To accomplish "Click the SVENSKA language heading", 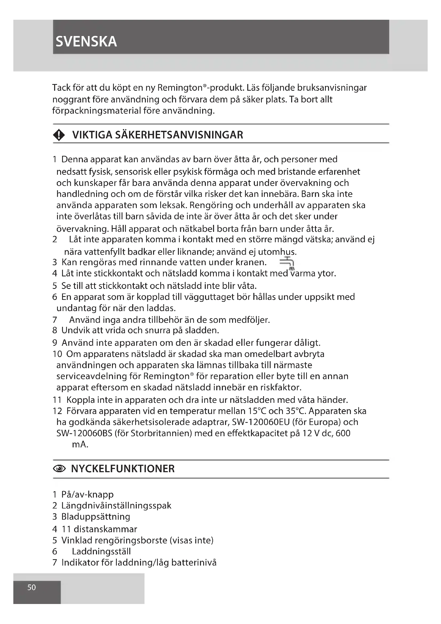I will tap(86, 42).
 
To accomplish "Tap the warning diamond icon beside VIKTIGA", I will tap(59, 135).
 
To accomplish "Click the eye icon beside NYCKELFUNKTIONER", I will tap(59, 468).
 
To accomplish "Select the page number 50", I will tap(31, 587).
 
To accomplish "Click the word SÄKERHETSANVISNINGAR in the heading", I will tap(179, 135).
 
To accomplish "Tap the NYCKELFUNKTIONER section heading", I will tap(123, 468).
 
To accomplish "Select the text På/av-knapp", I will tap(87, 494).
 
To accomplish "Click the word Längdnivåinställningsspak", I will tap(116, 505).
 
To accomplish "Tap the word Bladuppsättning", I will tap(96, 516).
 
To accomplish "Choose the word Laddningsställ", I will tap(101, 551).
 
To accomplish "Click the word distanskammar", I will tap(105, 529).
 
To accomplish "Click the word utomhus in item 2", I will tap(276, 252).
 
